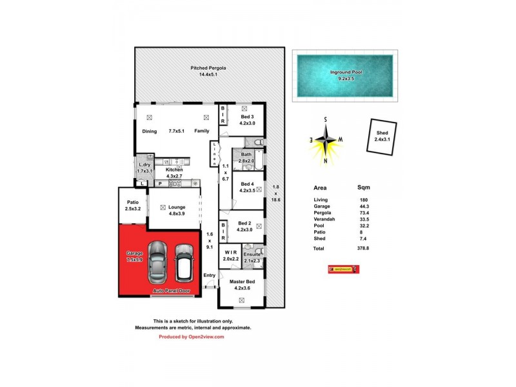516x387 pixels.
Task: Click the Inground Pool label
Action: point(346,72)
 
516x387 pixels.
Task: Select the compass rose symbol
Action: point(326,140)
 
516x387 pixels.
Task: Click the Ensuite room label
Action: point(252,254)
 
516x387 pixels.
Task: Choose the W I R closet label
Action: point(230,254)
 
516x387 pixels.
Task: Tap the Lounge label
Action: point(177,207)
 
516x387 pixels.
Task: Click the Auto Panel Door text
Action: point(172,292)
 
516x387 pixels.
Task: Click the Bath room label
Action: point(246,154)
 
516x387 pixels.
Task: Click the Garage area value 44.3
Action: point(364,206)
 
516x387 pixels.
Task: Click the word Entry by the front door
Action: point(210,275)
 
